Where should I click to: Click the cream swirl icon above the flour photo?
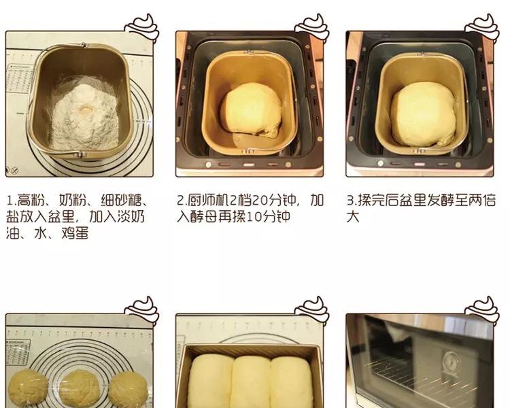click(x=142, y=28)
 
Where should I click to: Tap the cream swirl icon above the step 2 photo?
click(x=312, y=28)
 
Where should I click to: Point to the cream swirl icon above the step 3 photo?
click(x=482, y=28)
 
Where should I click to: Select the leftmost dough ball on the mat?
click(x=28, y=389)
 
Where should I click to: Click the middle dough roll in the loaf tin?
click(x=251, y=382)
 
